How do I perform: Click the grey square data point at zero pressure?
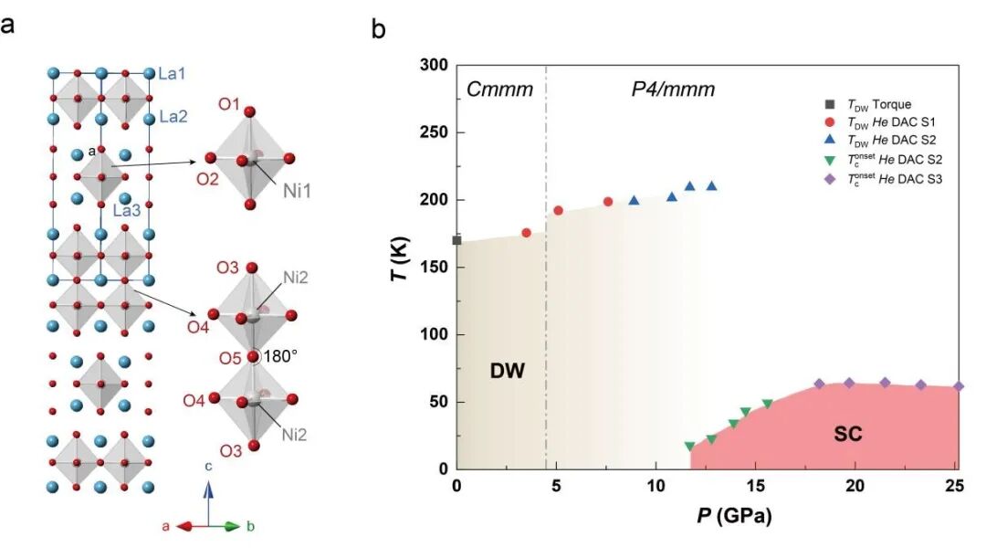(x=456, y=240)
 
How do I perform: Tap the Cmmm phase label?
(x=499, y=89)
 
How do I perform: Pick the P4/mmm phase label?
(x=673, y=89)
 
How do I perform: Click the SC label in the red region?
(x=848, y=435)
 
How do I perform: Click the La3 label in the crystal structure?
(x=126, y=210)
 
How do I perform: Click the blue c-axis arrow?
(x=208, y=502)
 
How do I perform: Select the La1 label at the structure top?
(x=173, y=69)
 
